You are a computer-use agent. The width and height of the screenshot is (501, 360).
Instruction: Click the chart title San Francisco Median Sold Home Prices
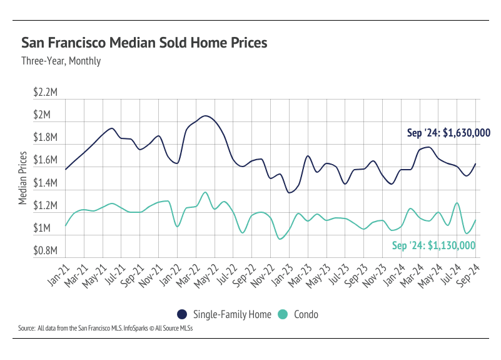tap(144, 43)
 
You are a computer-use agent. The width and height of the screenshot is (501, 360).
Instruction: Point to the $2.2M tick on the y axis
tap(46, 93)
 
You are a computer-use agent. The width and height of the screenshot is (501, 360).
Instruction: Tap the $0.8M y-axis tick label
tap(46, 251)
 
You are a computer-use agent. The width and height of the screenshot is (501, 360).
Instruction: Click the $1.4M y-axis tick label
tap(46, 183)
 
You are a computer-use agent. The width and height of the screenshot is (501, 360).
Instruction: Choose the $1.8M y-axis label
tap(46, 138)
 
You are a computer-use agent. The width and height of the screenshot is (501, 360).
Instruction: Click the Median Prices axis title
tap(23, 178)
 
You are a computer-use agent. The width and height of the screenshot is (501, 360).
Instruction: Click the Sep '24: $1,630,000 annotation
tap(448, 133)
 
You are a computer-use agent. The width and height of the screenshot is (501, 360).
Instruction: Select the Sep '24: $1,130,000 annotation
tap(434, 245)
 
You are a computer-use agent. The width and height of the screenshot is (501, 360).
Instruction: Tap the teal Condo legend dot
tap(283, 314)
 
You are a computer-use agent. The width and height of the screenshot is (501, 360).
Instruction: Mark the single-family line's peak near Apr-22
tap(205, 116)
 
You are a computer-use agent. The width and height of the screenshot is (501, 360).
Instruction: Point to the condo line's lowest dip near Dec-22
tap(280, 239)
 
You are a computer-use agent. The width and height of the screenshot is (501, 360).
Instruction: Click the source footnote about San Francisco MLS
tap(105, 328)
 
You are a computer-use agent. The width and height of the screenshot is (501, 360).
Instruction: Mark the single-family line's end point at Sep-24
tap(476, 164)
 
